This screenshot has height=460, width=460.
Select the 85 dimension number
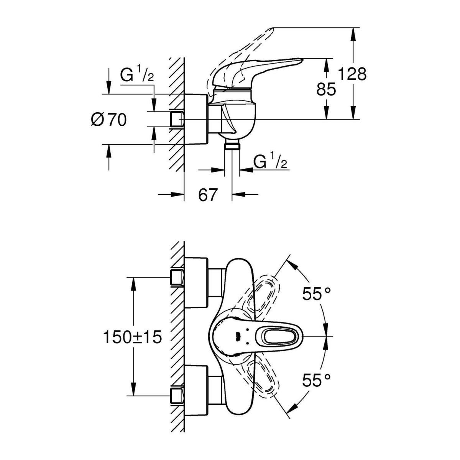[x=326, y=89]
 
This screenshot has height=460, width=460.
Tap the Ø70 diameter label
[x=108, y=120]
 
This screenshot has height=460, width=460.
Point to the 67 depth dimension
[x=208, y=195]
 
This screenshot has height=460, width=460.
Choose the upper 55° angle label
[x=316, y=294]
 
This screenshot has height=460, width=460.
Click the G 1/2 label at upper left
[x=137, y=75]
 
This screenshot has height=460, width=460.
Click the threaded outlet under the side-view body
[x=232, y=145]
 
